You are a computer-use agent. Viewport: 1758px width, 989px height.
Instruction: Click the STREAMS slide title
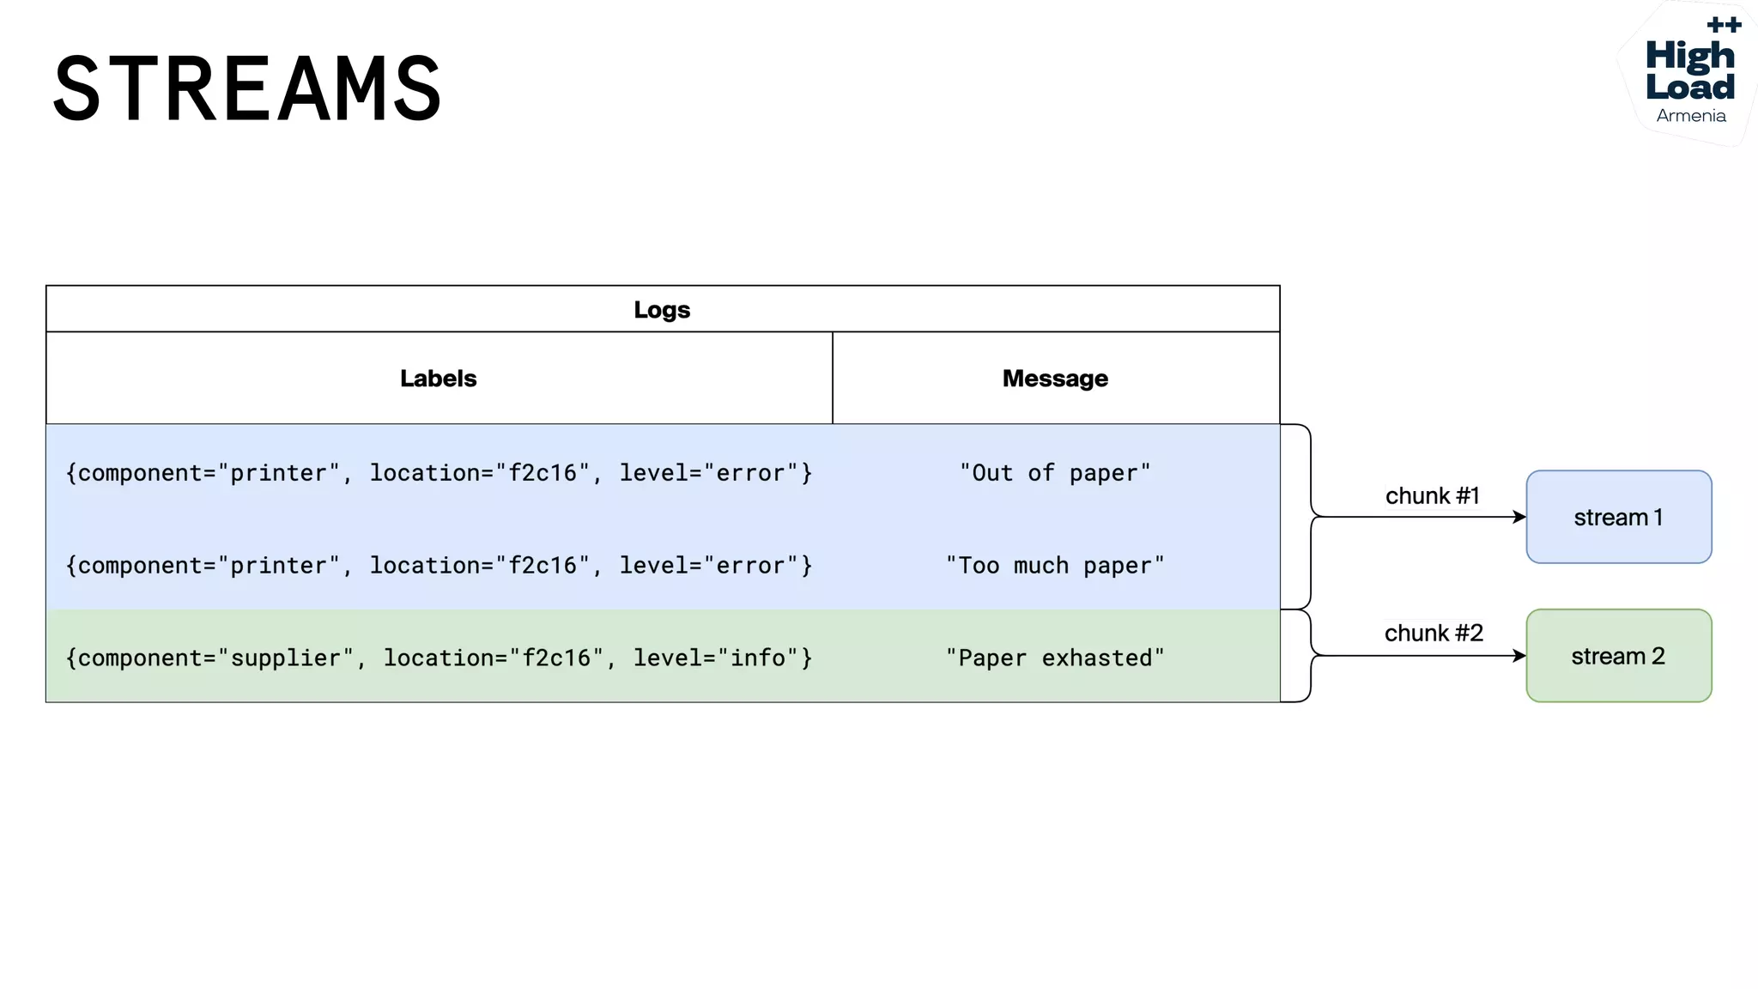point(247,88)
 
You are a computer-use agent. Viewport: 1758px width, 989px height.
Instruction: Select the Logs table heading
point(662,309)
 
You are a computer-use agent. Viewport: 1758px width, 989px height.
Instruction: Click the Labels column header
point(438,379)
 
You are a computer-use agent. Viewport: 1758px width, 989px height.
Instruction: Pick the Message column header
point(1055,379)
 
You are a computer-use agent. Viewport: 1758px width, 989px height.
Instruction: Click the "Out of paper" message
point(1055,473)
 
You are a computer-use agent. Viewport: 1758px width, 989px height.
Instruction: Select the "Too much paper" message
point(1055,566)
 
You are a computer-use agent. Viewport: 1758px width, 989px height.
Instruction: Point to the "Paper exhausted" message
point(1055,658)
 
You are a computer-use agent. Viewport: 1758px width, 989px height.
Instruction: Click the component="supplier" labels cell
point(439,658)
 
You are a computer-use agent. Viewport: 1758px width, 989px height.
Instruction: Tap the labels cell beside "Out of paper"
point(439,473)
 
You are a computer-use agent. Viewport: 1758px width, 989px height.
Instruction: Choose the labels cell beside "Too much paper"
point(439,566)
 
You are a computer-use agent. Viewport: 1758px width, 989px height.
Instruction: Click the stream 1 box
point(1618,517)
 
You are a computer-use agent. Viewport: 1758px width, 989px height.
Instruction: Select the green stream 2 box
point(1618,656)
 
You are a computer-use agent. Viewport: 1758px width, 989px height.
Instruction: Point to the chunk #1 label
point(1432,495)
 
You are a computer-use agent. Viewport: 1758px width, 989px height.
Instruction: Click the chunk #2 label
point(1434,633)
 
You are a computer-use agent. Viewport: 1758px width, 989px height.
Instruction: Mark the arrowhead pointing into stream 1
point(1519,517)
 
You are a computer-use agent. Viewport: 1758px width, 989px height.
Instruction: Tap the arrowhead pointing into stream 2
point(1519,656)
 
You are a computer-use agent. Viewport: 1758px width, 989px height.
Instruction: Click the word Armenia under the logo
point(1691,116)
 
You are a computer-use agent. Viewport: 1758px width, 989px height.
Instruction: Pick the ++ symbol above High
point(1724,25)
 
